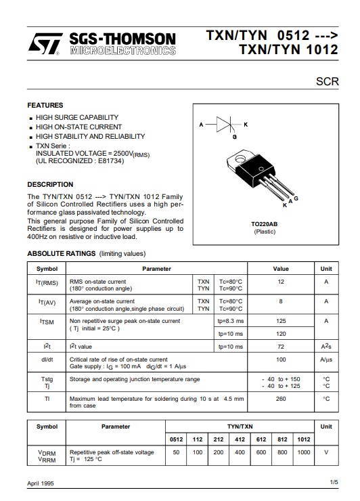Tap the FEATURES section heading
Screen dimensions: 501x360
click(45, 106)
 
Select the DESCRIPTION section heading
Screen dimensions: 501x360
click(50, 184)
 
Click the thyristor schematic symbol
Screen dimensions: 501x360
click(225, 125)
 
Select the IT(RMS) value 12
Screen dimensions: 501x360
click(281, 281)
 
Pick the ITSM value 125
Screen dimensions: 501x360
click(281, 320)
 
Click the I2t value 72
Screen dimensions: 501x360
click(281, 347)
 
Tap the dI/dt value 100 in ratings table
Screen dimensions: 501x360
click(281, 359)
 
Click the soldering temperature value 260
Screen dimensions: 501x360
click(281, 399)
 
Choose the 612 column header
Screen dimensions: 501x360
click(261, 439)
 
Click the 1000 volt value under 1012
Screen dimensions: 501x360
click(304, 452)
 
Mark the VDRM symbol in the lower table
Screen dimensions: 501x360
click(47, 452)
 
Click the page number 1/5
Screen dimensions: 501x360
click(334, 482)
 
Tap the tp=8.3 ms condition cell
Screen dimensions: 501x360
click(231, 320)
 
